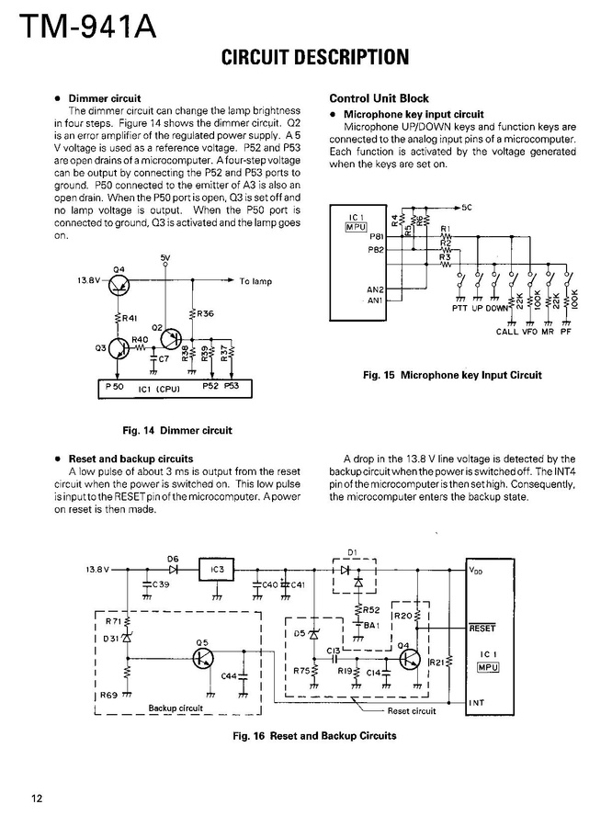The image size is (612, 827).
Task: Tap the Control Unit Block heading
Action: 379,98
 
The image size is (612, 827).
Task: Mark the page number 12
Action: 36,798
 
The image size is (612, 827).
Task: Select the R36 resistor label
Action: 205,313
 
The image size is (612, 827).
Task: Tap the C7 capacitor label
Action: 164,358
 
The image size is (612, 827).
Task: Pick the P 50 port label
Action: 115,387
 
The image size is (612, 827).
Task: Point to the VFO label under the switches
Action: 530,332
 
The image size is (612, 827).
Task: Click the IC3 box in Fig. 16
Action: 217,571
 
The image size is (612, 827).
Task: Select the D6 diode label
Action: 173,558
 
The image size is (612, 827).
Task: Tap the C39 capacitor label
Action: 161,584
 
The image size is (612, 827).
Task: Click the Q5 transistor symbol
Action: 205,657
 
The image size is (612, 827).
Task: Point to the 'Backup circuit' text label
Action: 176,708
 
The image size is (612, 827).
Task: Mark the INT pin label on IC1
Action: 478,703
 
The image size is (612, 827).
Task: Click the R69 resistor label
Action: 108,695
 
